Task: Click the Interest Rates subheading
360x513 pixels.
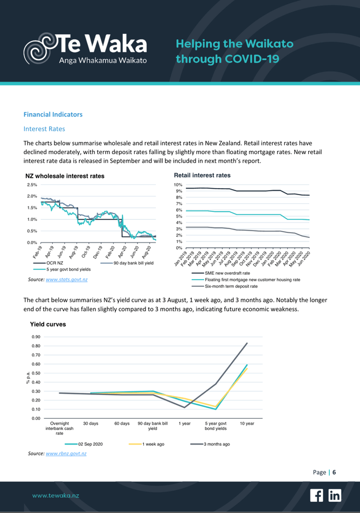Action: [44, 129]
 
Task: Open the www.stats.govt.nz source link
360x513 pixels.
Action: [69, 279]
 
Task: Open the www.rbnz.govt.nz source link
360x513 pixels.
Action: [68, 453]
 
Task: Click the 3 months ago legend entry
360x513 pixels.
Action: [217, 443]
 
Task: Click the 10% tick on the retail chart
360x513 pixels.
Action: [171, 185]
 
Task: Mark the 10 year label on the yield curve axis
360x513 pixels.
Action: [247, 424]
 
